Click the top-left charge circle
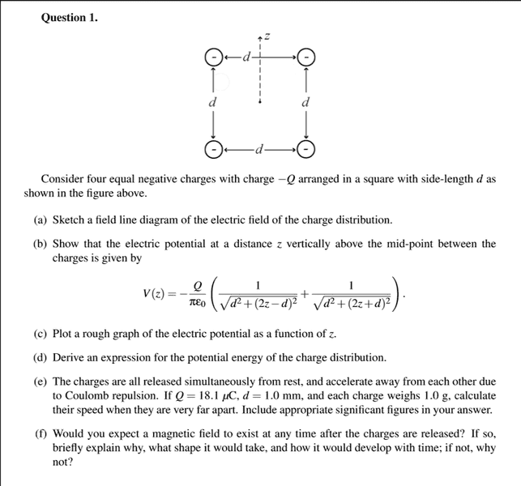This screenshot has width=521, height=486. click(x=213, y=57)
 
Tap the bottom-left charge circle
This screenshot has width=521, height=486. click(x=213, y=149)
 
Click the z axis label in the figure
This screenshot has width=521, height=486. click(x=265, y=36)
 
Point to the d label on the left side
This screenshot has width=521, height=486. click(x=213, y=103)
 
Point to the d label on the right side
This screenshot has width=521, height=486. click(x=305, y=103)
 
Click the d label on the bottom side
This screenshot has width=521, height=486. click(x=259, y=149)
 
